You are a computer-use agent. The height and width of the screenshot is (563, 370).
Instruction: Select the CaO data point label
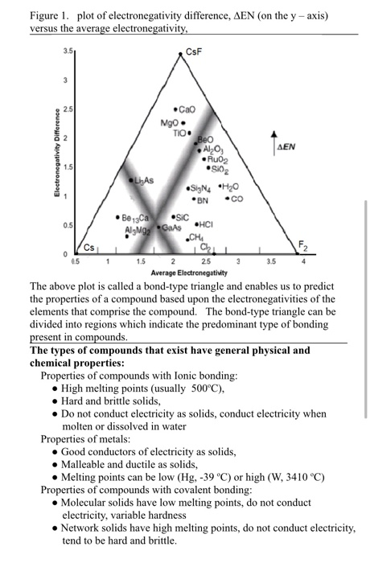pyautogui.click(x=187, y=109)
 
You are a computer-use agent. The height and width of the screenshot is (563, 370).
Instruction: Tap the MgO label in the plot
pyautogui.click(x=171, y=123)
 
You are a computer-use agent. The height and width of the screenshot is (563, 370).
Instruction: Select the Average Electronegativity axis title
pyautogui.click(x=189, y=273)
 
